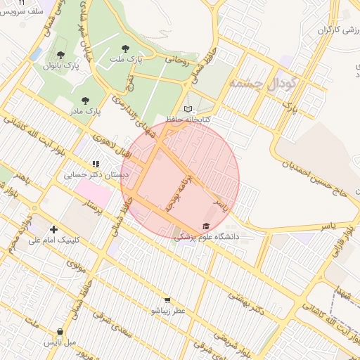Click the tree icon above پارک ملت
click(125, 49)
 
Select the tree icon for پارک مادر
click(86, 101)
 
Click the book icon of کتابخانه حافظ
click(187, 108)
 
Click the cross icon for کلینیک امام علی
click(54, 229)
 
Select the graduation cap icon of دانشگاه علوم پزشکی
click(206, 226)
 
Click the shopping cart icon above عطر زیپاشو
click(167, 299)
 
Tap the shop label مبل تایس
click(60, 342)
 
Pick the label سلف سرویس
click(25, 12)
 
